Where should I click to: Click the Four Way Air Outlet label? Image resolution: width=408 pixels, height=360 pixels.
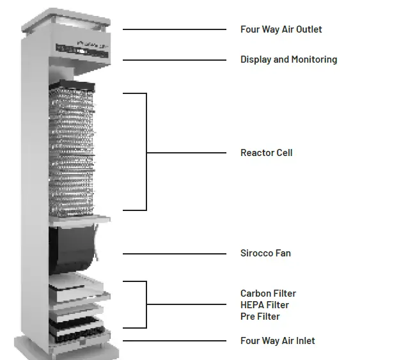pyautogui.click(x=281, y=29)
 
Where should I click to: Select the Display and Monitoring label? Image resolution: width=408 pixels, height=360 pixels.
pyautogui.click(x=288, y=59)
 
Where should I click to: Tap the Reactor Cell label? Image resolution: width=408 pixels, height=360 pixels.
pyautogui.click(x=266, y=153)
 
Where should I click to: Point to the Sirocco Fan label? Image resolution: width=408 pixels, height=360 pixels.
pyautogui.click(x=265, y=253)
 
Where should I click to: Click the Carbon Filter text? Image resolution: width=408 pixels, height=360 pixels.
pyautogui.click(x=268, y=293)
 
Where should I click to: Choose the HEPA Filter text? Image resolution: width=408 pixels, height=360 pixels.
pyautogui.click(x=265, y=305)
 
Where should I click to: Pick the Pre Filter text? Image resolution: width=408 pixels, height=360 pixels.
pyautogui.click(x=260, y=317)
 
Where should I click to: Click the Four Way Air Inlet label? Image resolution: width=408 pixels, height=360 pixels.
pyautogui.click(x=278, y=341)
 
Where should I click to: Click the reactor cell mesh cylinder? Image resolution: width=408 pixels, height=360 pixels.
pyautogui.click(x=72, y=150)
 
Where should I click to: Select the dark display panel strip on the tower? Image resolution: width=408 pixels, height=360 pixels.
pyautogui.click(x=82, y=48)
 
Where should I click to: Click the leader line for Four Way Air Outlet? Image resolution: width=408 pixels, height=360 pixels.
pyautogui.click(x=174, y=29)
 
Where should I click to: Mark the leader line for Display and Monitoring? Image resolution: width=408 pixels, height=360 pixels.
pyautogui.click(x=174, y=60)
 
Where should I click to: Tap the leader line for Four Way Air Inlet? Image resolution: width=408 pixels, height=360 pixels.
pyautogui.click(x=174, y=341)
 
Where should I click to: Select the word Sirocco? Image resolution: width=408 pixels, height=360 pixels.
pyautogui.click(x=256, y=253)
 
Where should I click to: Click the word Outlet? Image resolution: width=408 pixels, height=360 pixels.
pyautogui.click(x=308, y=29)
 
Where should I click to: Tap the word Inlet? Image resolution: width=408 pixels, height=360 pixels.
pyautogui.click(x=304, y=341)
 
